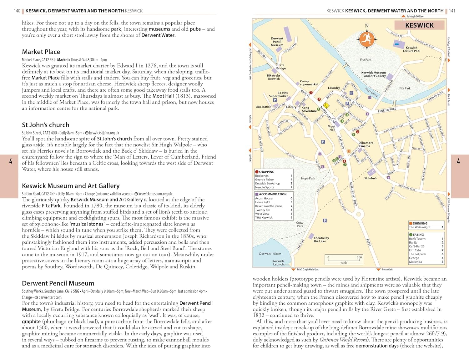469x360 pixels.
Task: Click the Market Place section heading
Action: tap(41, 52)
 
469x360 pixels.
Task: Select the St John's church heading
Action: tap(45, 125)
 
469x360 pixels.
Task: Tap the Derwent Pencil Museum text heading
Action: tap(58, 283)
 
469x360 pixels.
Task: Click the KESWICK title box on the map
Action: tap(419, 25)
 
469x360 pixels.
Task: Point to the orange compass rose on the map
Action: tap(367, 39)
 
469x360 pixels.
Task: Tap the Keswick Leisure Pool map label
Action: tap(411, 49)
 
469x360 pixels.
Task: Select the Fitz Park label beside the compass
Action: tap(366, 59)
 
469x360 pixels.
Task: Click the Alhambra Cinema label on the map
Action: tap(366, 144)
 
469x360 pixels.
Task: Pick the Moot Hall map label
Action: tap(331, 128)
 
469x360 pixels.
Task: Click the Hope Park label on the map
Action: tap(308, 178)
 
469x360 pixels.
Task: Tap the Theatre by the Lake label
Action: tap(321, 240)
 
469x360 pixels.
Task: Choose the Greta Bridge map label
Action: tap(281, 67)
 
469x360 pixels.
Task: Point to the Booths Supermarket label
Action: tap(278, 94)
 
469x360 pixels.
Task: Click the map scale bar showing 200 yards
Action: tap(344, 259)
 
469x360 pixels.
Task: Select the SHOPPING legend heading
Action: tap(266, 172)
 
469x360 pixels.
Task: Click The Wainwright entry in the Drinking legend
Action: tap(420, 227)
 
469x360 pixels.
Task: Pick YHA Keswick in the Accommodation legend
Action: tap(264, 218)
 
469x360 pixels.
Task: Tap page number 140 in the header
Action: tap(17, 11)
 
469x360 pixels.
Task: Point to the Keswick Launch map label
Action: tap(278, 263)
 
